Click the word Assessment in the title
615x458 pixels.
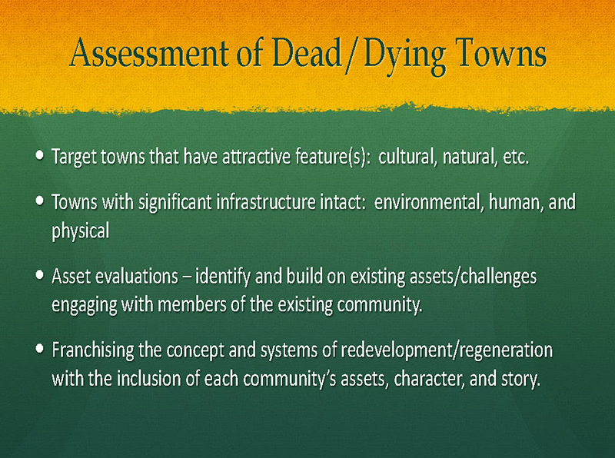(149, 52)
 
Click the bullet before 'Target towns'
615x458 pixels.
(39, 154)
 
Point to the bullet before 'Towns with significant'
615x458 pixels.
(39, 201)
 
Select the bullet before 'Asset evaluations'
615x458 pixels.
(39, 275)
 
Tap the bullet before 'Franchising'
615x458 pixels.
(39, 348)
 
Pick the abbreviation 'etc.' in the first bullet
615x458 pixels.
(516, 158)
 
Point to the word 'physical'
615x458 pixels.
(81, 231)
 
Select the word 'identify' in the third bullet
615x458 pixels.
(223, 277)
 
